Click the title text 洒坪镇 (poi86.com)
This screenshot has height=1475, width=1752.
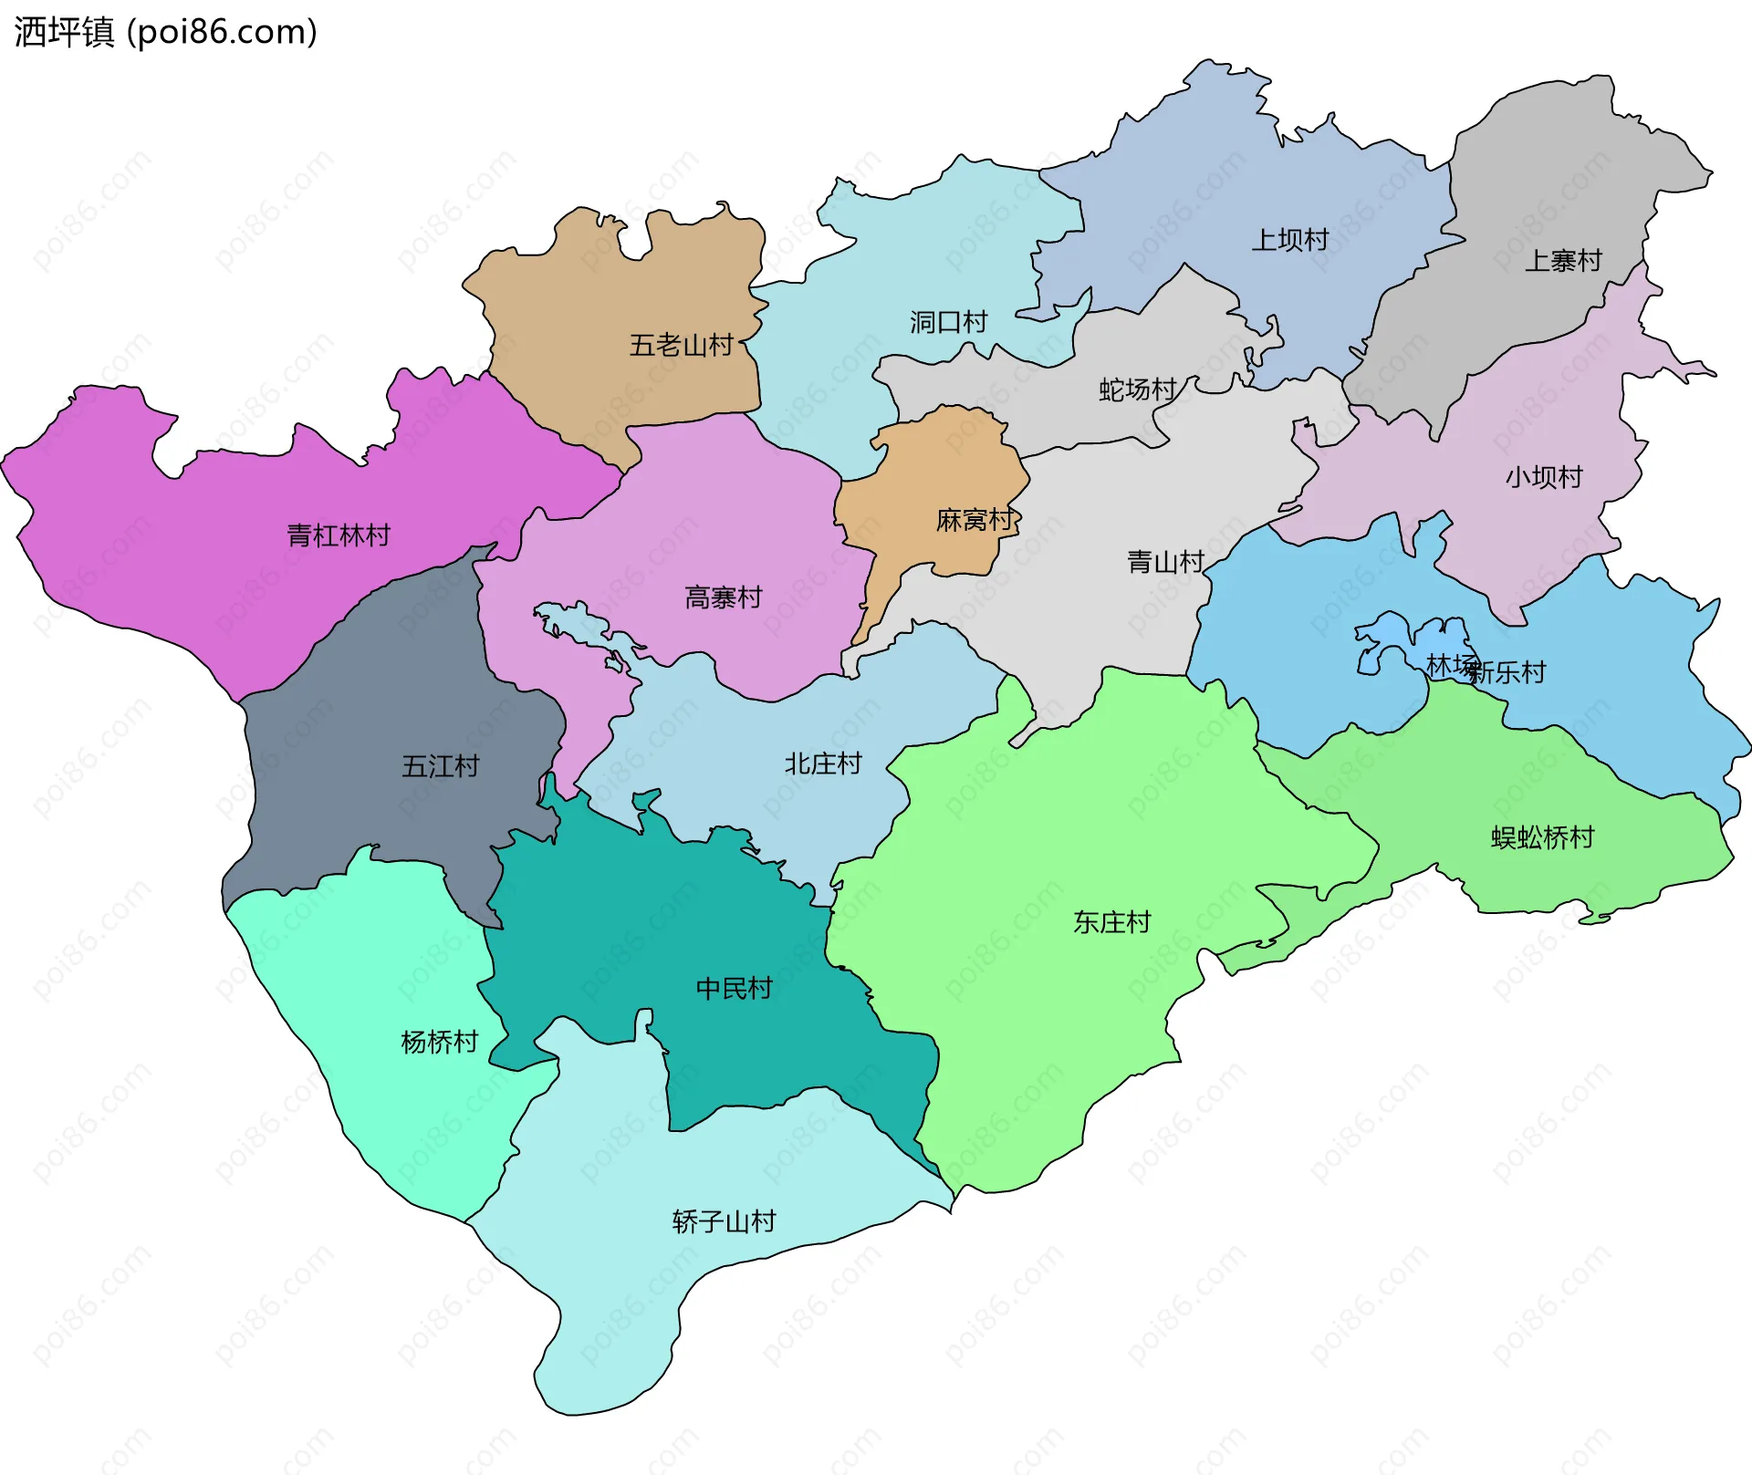(165, 32)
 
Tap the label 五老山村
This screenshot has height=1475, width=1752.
(681, 346)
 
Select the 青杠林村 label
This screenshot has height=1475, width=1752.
(339, 535)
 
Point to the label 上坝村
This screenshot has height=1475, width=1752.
(1289, 240)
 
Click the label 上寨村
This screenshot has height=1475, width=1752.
(1563, 261)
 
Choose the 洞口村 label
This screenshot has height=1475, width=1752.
(948, 322)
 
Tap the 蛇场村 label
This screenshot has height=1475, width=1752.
(1137, 390)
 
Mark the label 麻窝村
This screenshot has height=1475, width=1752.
(975, 520)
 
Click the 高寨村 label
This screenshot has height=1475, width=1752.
(723, 597)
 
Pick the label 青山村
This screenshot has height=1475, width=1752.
(1165, 562)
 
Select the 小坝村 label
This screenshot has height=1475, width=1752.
(1543, 477)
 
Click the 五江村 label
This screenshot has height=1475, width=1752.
(441, 765)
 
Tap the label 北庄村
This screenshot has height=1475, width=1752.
(823, 763)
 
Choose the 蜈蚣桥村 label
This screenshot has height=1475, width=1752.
(1542, 837)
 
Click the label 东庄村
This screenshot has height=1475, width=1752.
(1111, 922)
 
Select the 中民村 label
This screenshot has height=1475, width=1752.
(734, 988)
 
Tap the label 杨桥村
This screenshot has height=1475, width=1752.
(439, 1042)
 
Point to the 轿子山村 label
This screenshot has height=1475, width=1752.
(724, 1221)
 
